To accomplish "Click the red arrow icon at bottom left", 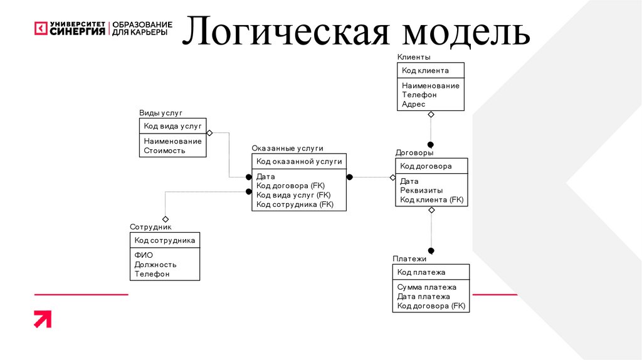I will (x=43, y=319).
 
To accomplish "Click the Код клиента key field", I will (x=425, y=71).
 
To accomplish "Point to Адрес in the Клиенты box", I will (x=414, y=104).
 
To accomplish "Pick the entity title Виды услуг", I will (x=160, y=113).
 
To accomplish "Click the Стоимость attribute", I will (x=164, y=151).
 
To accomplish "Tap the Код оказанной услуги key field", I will (x=299, y=161).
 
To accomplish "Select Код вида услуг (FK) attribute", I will (x=293, y=195).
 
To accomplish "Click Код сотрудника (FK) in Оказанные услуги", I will (x=295, y=204).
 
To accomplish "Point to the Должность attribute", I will (x=155, y=265).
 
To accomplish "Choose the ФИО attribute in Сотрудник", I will (x=144, y=255).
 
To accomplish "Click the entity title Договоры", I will (x=414, y=152).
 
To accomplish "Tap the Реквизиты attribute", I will (x=421, y=190).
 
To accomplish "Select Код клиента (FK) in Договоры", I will (x=431, y=199).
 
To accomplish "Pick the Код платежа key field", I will (x=421, y=272).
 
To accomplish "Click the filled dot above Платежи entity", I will (x=431, y=251).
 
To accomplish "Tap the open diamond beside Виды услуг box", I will (x=210, y=133).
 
